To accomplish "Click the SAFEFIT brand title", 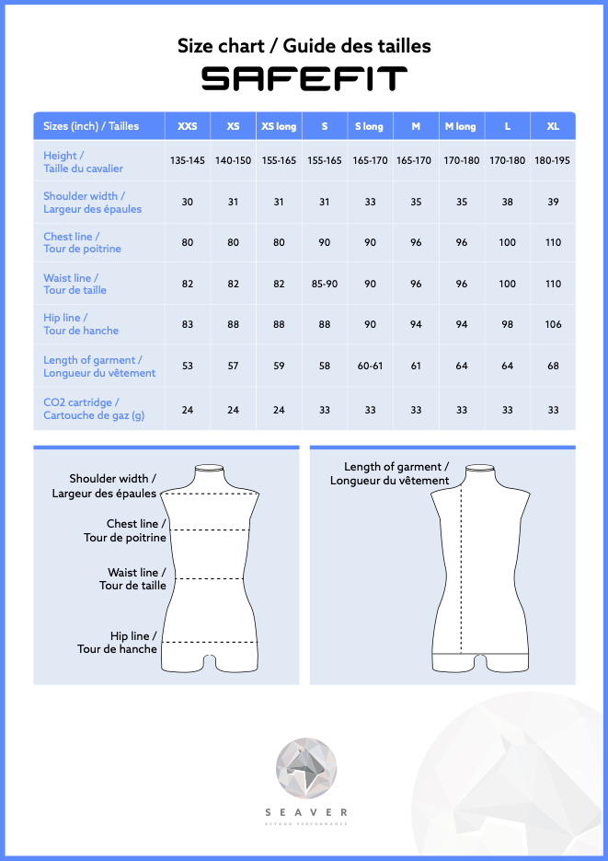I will coord(304,79).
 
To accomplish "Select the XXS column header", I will coord(187,126).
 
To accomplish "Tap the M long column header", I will coord(461,126).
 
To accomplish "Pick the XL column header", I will coord(553,126).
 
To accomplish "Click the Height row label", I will coord(83,162).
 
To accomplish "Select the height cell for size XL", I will coord(553,161).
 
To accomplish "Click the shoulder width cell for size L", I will coord(507,202).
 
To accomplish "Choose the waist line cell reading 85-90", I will coord(325,284).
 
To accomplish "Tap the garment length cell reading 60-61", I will coord(370,366).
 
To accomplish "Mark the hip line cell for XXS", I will coord(188,324).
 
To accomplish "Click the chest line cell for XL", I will coord(553,243).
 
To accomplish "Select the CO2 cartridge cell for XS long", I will coord(279,410).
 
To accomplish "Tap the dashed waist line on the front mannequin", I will coord(210,578).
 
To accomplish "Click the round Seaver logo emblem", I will coord(306,768).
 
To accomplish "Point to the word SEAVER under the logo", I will coord(306,812).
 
